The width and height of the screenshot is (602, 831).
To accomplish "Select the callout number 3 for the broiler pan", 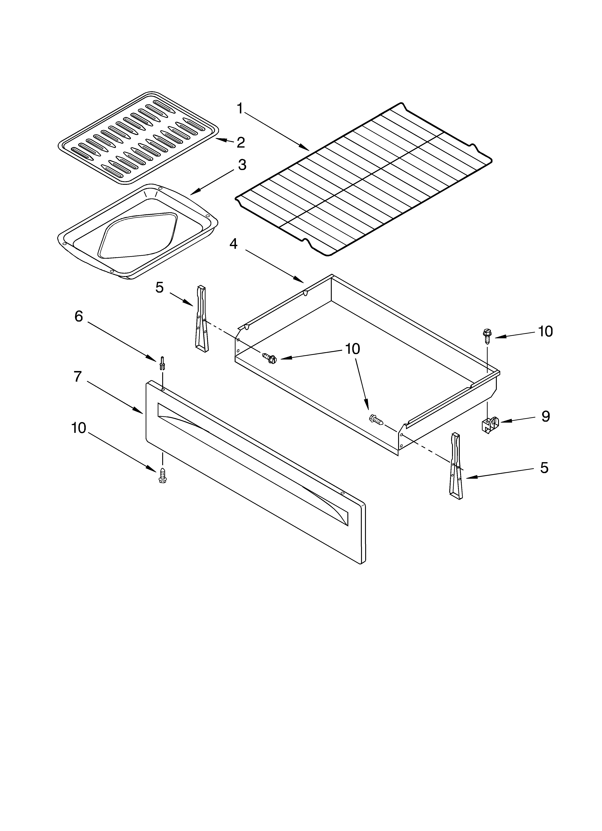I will [x=242, y=165].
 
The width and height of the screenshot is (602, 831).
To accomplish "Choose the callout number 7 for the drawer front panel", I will [x=78, y=377].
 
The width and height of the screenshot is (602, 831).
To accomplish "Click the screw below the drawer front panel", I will [x=161, y=476].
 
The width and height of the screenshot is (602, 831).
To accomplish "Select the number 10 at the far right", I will [x=545, y=331].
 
